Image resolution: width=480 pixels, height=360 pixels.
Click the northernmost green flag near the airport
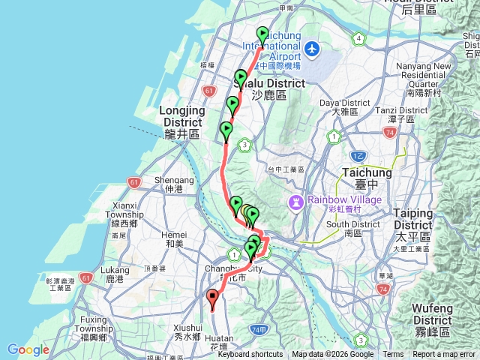[x=262, y=34]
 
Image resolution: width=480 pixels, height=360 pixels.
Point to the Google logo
[x=28, y=349]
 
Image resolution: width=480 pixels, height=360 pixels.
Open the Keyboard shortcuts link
[x=250, y=355]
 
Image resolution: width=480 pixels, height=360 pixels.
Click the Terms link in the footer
[x=393, y=355]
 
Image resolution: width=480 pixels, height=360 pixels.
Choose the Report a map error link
[x=445, y=355]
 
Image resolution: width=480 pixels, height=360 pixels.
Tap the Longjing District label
[x=181, y=116]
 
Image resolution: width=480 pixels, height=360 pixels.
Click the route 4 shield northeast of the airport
[x=360, y=38]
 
